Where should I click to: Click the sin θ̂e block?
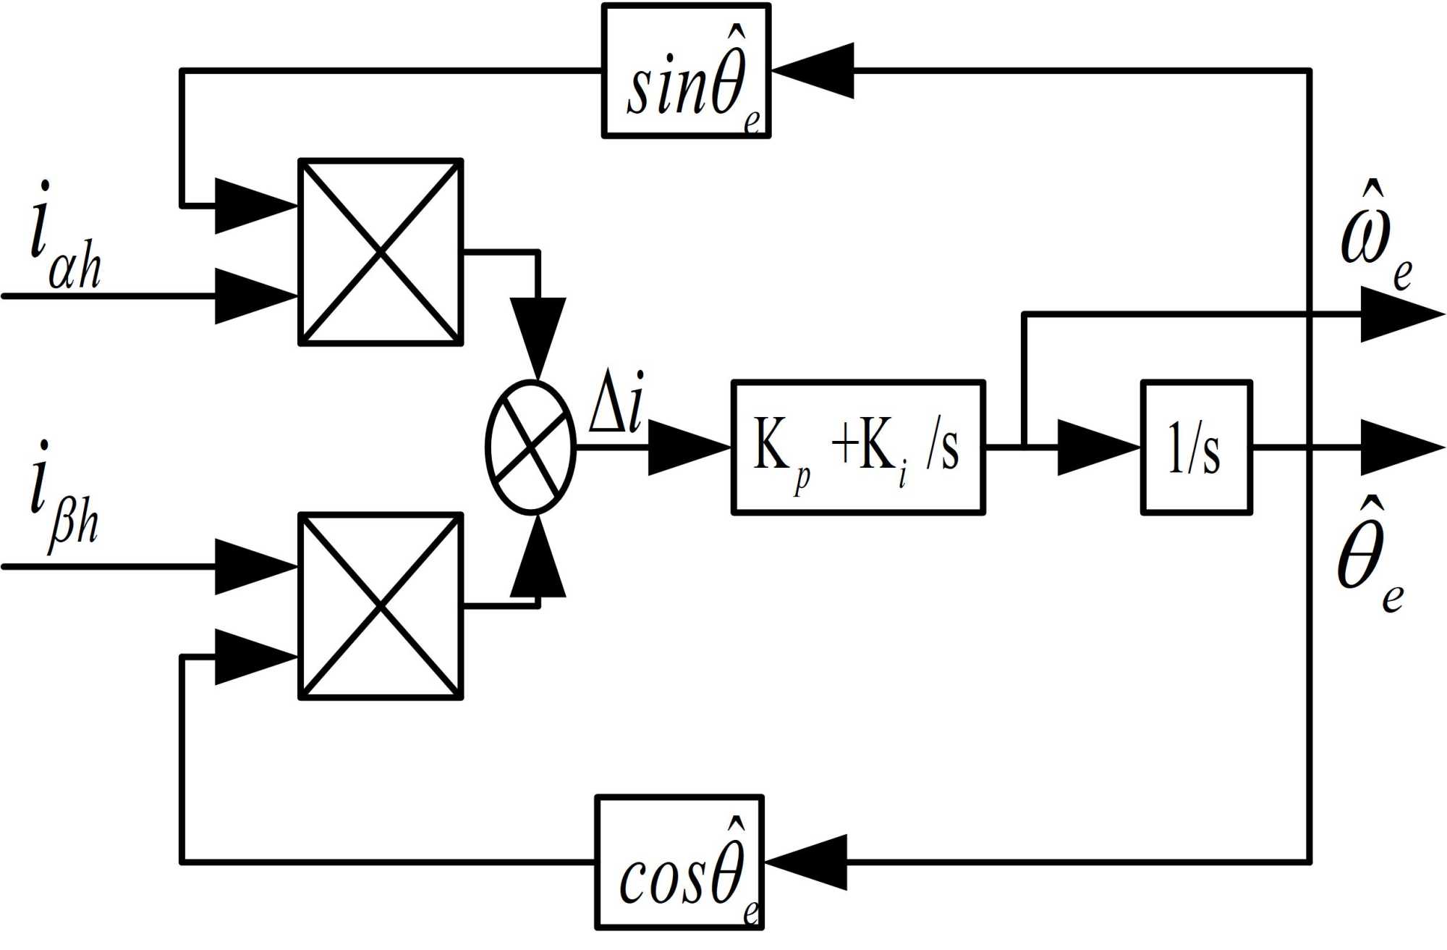point(686,71)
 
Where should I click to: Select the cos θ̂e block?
point(679,862)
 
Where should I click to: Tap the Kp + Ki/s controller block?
point(858,447)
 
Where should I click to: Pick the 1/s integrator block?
point(1196,447)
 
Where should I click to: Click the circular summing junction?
point(531,447)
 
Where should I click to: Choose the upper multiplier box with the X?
point(381,252)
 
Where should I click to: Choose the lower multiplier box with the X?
point(381,606)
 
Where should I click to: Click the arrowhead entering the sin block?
point(814,71)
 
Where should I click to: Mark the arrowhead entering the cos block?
point(807,862)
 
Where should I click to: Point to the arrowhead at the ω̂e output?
point(1401,314)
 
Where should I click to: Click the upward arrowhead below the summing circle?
point(538,558)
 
